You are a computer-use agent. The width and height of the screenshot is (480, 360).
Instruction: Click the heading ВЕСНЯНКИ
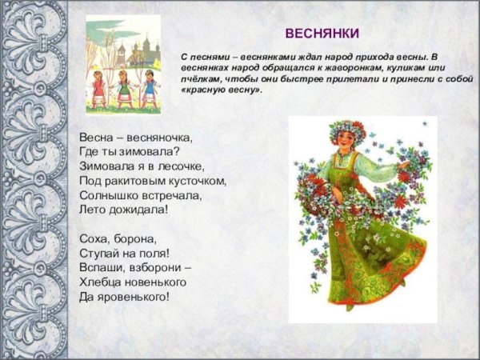point(322,33)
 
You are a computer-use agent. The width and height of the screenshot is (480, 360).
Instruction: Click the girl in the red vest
point(98,86)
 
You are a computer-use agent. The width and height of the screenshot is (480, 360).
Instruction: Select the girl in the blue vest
point(149,87)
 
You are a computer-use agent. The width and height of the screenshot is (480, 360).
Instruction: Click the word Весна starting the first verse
point(96,137)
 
